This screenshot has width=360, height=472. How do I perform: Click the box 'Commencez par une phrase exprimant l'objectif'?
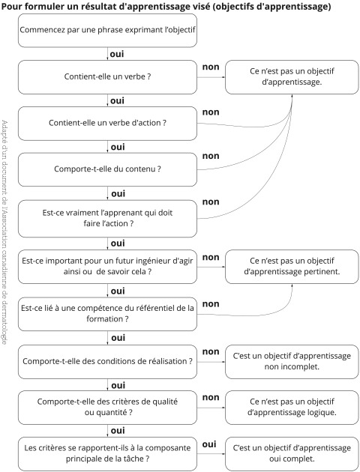(107, 31)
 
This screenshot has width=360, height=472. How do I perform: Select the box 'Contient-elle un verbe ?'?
(107, 77)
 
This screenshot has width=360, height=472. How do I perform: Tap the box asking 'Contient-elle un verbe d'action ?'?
(107, 124)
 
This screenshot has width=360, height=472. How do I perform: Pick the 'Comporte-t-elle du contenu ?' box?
(107, 169)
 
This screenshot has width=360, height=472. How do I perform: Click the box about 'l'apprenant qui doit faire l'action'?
(107, 219)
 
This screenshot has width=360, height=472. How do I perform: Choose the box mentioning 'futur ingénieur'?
(107, 267)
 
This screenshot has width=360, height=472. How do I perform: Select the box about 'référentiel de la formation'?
(107, 314)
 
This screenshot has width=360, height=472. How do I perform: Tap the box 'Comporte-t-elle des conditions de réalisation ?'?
(107, 362)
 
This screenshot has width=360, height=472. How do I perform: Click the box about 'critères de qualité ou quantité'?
(107, 408)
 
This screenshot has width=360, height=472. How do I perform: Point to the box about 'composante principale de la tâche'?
(107, 454)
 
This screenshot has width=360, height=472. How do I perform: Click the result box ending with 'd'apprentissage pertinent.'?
(292, 267)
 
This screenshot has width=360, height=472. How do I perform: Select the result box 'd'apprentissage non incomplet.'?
(292, 362)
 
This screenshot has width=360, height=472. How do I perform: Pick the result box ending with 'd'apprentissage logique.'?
(292, 408)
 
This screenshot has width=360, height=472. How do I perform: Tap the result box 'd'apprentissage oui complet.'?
(292, 454)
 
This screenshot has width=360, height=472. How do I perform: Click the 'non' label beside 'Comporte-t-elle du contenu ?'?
(211, 157)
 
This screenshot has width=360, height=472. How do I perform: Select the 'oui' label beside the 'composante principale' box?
(209, 444)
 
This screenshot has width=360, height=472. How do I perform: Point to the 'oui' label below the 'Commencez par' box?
(117, 54)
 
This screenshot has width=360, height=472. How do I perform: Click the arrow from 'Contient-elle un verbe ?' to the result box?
(211, 77)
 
